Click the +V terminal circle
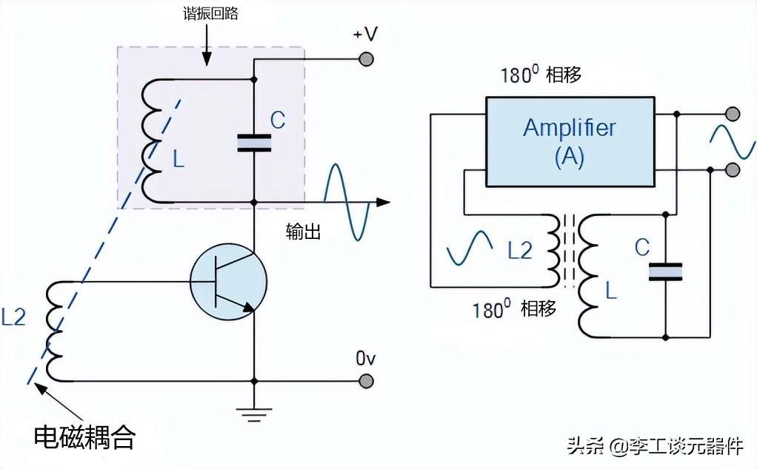click(x=367, y=59)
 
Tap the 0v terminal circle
click(x=367, y=381)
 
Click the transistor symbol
click(x=228, y=282)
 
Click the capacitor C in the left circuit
click(x=254, y=144)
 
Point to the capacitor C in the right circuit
click(x=665, y=271)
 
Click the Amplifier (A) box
click(x=570, y=142)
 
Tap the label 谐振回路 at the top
click(x=210, y=13)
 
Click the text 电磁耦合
click(x=85, y=437)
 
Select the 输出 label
click(x=303, y=232)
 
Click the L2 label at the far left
click(x=13, y=317)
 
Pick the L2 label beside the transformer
click(x=520, y=250)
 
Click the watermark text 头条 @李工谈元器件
click(x=655, y=445)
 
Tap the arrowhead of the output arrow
click(x=383, y=202)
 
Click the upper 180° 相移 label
click(x=541, y=75)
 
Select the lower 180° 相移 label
click(x=514, y=309)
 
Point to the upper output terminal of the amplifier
click(x=733, y=114)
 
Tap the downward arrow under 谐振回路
click(x=207, y=44)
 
